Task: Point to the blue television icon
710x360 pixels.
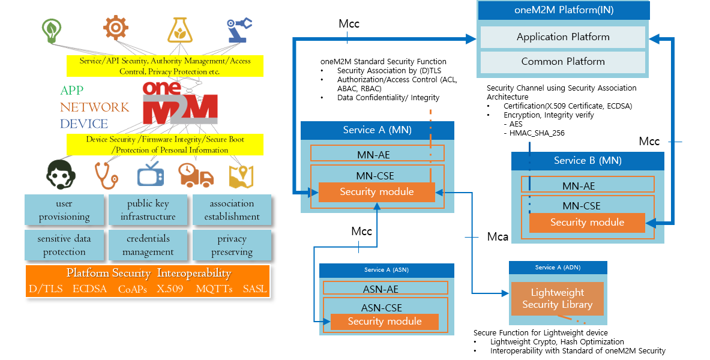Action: click(150, 175)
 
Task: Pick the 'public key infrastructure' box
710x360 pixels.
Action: click(148, 210)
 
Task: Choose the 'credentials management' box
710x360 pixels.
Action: click(148, 245)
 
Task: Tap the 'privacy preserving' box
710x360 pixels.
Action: click(232, 245)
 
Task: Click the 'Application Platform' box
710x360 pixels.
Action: click(562, 37)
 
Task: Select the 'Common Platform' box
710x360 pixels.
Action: click(562, 62)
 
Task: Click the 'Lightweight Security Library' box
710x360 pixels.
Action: click(557, 299)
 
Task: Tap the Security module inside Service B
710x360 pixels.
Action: click(587, 223)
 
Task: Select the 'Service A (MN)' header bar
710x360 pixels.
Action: click(377, 130)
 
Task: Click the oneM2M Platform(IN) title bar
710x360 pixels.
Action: click(563, 10)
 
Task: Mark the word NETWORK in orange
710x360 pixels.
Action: click(94, 107)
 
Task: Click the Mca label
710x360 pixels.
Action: click(498, 237)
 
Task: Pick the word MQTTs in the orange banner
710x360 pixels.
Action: click(214, 289)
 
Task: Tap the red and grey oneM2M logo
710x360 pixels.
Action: click(179, 102)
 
